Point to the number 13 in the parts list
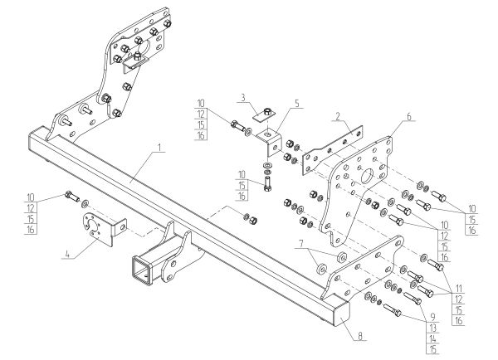[432, 328]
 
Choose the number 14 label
[432, 338]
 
